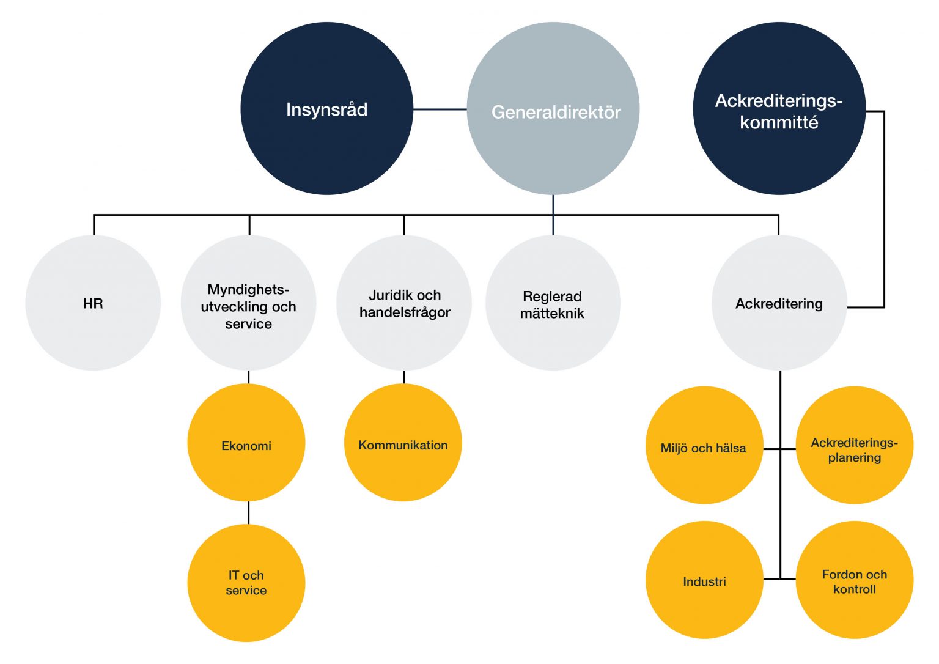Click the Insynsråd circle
(x=326, y=109)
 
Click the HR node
(x=93, y=303)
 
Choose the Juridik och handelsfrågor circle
(x=403, y=303)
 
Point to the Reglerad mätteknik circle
(x=553, y=303)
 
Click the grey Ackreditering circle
(x=779, y=303)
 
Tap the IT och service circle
(x=246, y=583)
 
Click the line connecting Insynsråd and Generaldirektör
(x=440, y=109)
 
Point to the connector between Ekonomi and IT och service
(x=248, y=512)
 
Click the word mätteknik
(x=552, y=314)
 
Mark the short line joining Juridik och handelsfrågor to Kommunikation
(x=403, y=377)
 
